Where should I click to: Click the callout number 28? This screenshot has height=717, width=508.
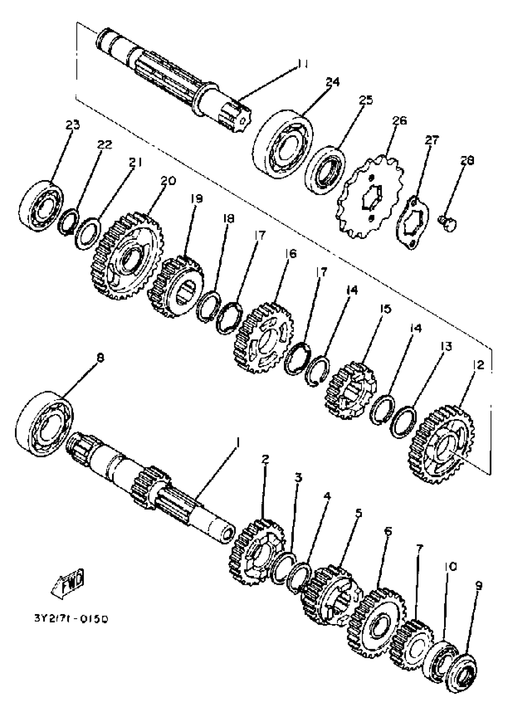[467, 160]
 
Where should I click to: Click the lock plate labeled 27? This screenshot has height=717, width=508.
[413, 222]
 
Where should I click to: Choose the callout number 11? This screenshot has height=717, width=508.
[302, 64]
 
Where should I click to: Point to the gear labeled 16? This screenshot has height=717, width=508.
[264, 338]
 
